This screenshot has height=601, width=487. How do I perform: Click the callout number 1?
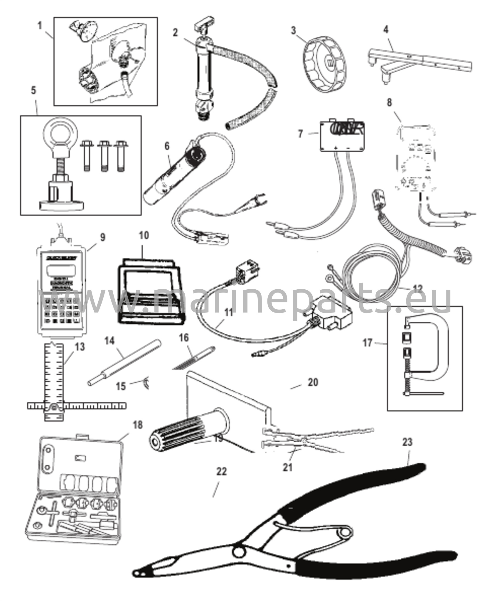[x=40, y=26]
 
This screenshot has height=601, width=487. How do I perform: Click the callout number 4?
[x=386, y=29]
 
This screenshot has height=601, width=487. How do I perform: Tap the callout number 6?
[x=167, y=146]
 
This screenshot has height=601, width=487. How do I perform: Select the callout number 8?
[x=389, y=103]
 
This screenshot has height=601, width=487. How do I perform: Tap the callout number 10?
[x=144, y=235]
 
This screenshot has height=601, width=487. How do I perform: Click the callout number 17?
[x=368, y=342]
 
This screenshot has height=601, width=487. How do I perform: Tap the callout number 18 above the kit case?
[x=137, y=425]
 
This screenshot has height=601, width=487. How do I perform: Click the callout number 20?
[x=313, y=382]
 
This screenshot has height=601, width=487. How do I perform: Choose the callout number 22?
[x=221, y=472]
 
